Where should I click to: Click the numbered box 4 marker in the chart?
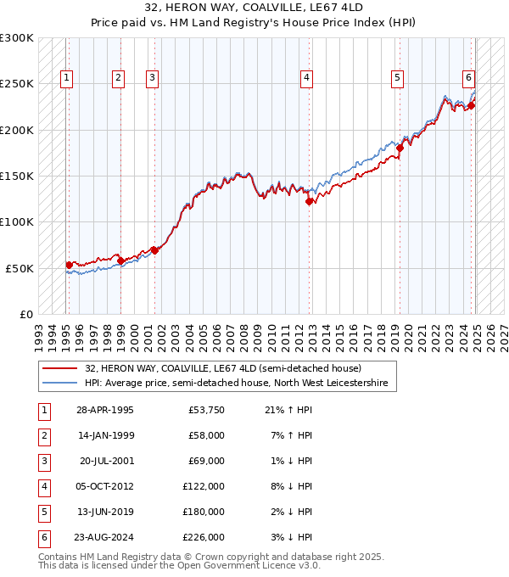306,78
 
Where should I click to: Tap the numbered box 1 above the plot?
67,78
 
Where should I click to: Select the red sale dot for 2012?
310,201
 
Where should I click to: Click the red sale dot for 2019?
399,148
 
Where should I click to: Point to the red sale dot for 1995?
69,265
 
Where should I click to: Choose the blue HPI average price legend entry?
236,384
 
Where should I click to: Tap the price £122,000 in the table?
204,486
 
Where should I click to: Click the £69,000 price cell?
206,461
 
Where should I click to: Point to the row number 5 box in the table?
43,512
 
